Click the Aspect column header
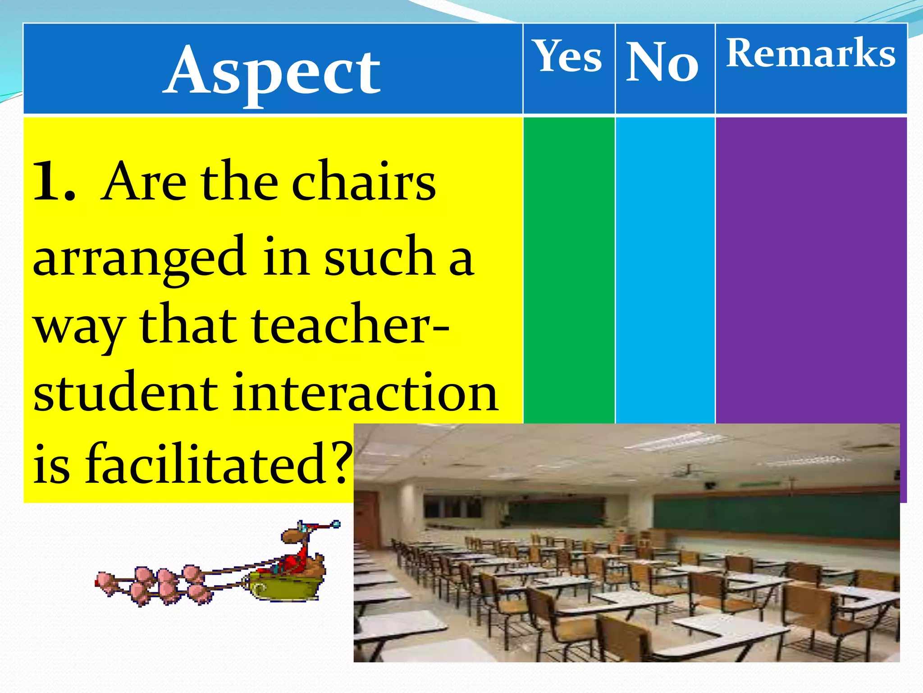pos(272,70)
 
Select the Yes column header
pos(568,56)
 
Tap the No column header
pos(663,62)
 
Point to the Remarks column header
pos(810,53)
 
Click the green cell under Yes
pos(569,271)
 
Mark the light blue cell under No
pos(665,271)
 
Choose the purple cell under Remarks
pos(810,271)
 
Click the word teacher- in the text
pos(349,325)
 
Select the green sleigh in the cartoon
pos(284,587)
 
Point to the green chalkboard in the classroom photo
pos(775,514)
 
